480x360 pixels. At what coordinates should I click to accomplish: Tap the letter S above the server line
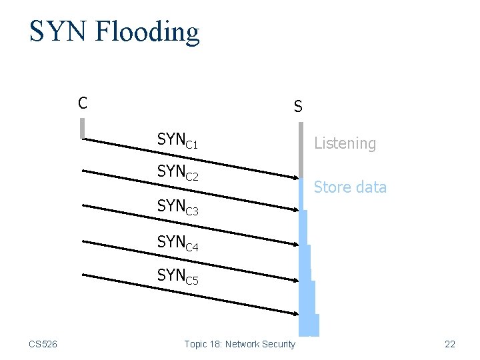pyautogui.click(x=298, y=107)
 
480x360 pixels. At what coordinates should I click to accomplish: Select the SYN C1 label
pyautogui.click(x=177, y=141)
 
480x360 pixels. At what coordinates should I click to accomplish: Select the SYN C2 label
pyautogui.click(x=177, y=173)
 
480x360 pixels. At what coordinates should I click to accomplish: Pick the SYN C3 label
pyautogui.click(x=177, y=207)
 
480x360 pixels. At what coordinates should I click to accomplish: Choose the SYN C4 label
pyautogui.click(x=177, y=243)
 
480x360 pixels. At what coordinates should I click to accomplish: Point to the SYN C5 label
pyautogui.click(x=177, y=275)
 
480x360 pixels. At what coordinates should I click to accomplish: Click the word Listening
pyautogui.click(x=345, y=143)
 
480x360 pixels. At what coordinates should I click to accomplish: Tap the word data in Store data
pyautogui.click(x=371, y=187)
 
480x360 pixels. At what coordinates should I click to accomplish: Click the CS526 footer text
pyautogui.click(x=43, y=344)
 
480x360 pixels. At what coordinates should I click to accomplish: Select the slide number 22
pyautogui.click(x=450, y=344)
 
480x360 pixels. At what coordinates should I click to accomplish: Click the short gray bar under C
pyautogui.click(x=82, y=128)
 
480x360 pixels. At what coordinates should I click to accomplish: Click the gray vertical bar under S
pyautogui.click(x=301, y=149)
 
